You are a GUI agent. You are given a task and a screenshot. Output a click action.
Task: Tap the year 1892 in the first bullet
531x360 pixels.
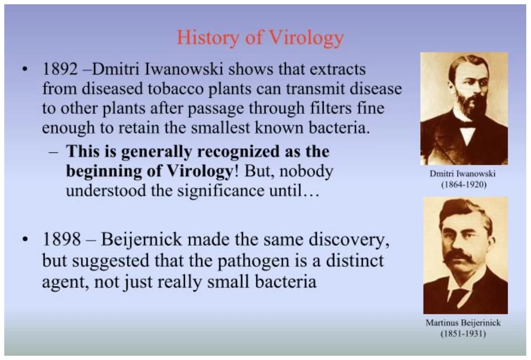click(59, 69)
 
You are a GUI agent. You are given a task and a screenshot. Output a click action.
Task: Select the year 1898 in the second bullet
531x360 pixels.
click(61, 239)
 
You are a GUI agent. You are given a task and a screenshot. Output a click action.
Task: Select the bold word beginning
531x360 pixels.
click(104, 171)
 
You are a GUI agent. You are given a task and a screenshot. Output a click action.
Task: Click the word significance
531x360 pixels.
click(221, 190)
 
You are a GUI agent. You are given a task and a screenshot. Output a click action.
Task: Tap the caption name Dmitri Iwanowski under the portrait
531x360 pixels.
click(463, 173)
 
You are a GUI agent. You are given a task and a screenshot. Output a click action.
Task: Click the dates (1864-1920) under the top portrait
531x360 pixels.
click(463, 184)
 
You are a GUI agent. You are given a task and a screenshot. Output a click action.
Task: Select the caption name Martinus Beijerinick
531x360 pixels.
click(463, 323)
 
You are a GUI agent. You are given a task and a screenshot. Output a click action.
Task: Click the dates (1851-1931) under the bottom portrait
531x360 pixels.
click(463, 333)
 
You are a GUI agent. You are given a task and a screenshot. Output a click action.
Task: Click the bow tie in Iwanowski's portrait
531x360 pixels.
click(467, 125)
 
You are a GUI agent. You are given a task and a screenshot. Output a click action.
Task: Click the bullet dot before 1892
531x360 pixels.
click(24, 69)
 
